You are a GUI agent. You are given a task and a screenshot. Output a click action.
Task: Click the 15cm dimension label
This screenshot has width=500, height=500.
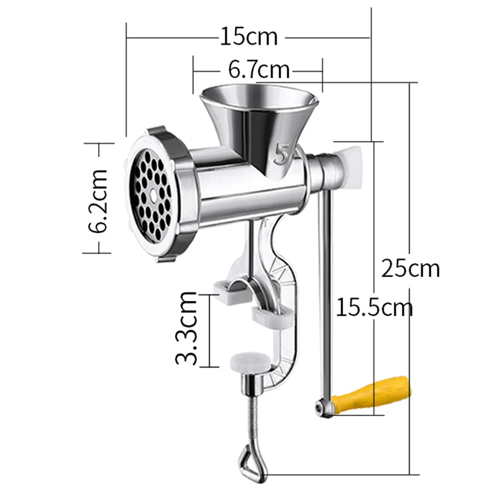[x=249, y=36]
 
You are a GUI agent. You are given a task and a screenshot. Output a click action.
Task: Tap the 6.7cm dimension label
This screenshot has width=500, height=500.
[x=259, y=69]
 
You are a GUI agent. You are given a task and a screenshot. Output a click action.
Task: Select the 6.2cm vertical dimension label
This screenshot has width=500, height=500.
[x=98, y=200]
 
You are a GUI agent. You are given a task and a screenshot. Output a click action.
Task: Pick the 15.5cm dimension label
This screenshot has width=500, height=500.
[x=374, y=306]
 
